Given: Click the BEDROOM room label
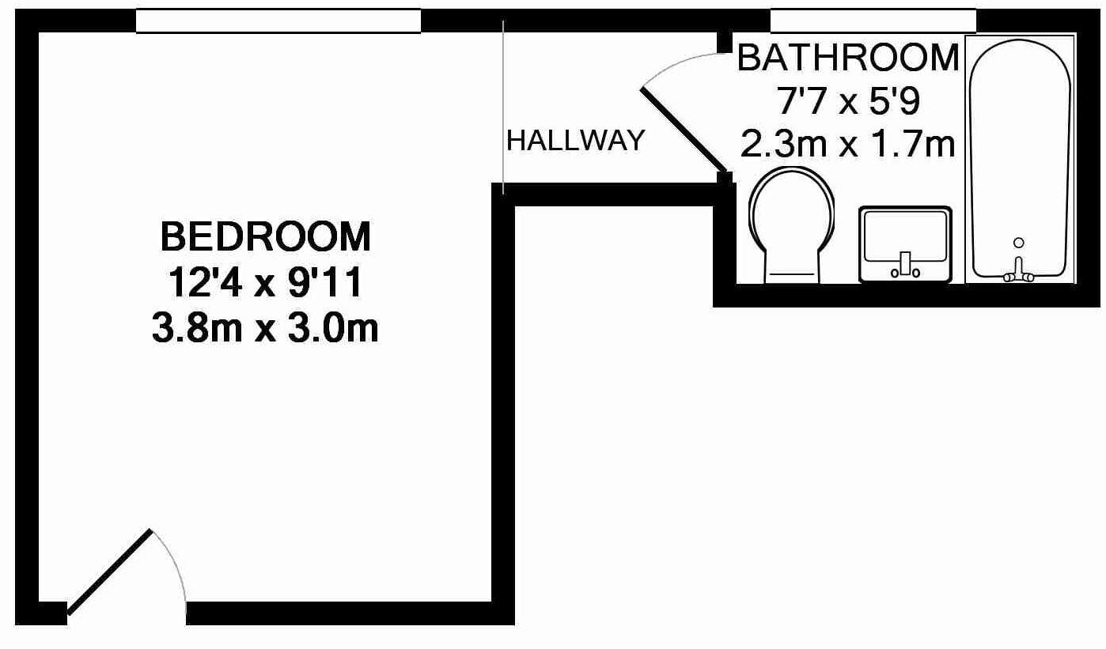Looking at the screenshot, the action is tap(266, 237).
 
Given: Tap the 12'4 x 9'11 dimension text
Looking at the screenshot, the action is tap(266, 283).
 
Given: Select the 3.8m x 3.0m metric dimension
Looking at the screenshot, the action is tap(265, 328).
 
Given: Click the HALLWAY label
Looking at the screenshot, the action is tap(576, 140).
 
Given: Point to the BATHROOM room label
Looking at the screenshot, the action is tap(848, 58).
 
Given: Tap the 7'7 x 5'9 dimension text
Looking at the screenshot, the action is tap(848, 102).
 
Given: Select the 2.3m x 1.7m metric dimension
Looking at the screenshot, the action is tap(848, 145).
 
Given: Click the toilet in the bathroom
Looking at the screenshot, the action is tap(791, 225).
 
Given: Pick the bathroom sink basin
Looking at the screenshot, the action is tap(906, 244).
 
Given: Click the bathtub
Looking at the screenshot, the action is tap(1021, 160).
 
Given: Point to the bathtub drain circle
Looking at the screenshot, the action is tap(1019, 243).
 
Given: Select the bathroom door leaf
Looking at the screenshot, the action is tap(684, 130).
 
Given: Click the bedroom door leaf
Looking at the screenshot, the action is tap(110, 572).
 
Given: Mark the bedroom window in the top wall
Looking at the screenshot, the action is tap(278, 21).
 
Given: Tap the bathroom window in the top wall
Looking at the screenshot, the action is tap(873, 21).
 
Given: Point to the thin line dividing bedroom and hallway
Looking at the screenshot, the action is tap(503, 107).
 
